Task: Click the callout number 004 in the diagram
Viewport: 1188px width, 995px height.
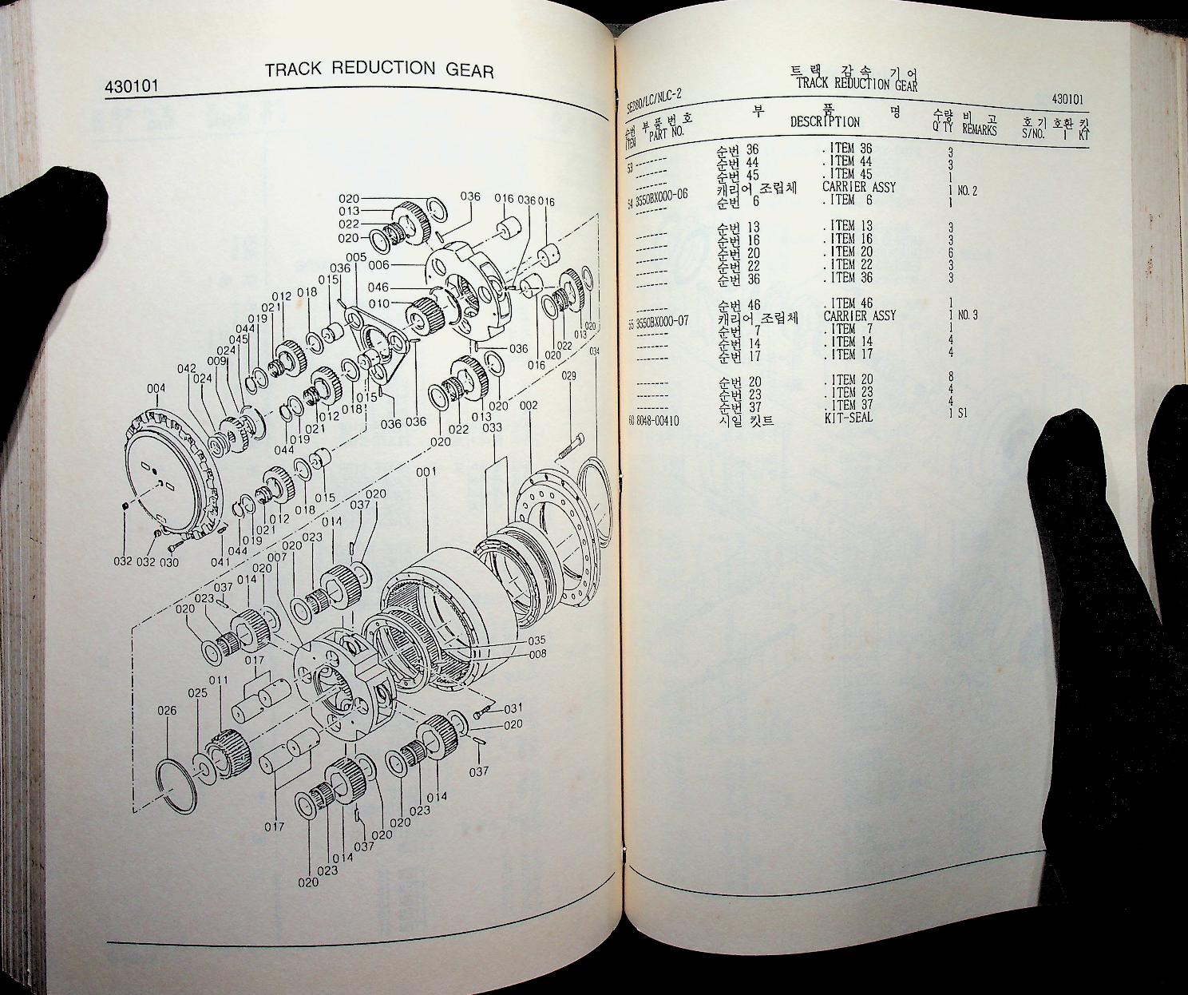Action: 156,389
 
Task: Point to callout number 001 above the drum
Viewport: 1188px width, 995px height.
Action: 426,472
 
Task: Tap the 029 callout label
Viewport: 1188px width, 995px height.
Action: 569,375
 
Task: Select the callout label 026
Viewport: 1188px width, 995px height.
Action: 167,711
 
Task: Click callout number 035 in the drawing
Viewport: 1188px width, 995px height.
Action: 537,640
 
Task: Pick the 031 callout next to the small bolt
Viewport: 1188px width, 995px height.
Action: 513,708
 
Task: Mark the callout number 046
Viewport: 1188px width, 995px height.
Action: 378,287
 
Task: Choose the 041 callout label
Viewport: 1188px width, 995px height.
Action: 220,561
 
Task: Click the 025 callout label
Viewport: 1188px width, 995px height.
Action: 198,693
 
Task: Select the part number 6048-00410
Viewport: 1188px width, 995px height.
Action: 657,420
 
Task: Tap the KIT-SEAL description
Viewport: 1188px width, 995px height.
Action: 849,418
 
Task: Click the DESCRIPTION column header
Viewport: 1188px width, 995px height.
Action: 825,122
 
